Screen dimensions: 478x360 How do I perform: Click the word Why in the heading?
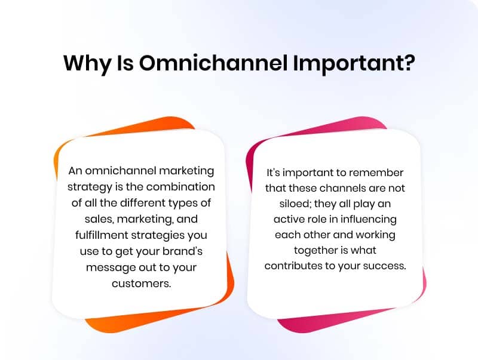click(87, 64)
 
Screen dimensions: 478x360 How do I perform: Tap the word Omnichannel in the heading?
click(213, 63)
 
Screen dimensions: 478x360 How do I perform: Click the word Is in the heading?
click(125, 63)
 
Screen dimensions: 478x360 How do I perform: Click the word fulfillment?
click(102, 235)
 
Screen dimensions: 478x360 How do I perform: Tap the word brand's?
click(182, 251)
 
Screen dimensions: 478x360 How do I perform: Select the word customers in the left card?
click(141, 284)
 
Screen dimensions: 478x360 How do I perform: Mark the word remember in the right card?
click(376, 173)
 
